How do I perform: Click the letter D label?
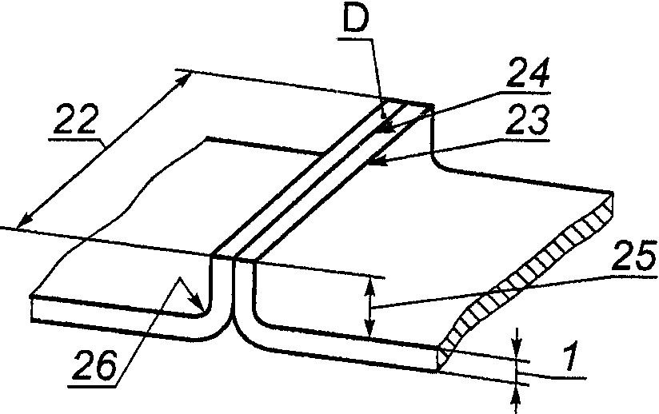point(356,18)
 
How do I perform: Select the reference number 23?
point(529,119)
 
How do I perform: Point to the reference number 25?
point(633,256)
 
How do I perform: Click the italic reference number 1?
point(571,357)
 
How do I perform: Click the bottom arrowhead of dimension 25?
point(369,328)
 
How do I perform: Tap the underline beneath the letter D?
point(354,39)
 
